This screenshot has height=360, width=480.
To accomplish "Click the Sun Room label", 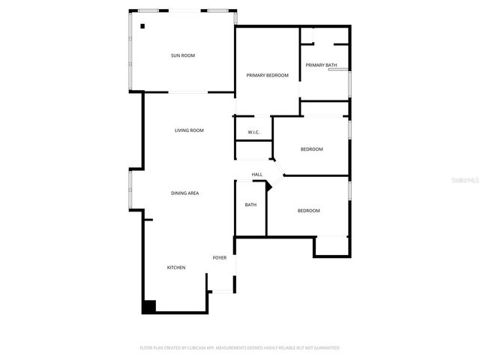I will [x=183, y=55].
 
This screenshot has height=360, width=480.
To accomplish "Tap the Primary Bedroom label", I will [x=268, y=75].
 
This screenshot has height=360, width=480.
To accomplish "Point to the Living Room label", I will [x=189, y=130].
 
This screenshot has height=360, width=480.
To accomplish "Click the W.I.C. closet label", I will [x=253, y=133].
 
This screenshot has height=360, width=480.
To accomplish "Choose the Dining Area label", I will [x=184, y=193].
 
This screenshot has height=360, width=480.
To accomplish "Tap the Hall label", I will [x=256, y=175].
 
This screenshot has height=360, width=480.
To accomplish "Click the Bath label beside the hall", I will [x=250, y=205].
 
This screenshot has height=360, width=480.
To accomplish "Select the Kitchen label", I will [x=176, y=268].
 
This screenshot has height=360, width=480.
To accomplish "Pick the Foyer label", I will [x=220, y=258].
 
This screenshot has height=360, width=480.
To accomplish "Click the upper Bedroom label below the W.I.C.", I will [x=312, y=149].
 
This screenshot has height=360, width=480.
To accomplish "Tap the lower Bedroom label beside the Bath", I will [x=308, y=211].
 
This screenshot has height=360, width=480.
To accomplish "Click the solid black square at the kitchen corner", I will [x=148, y=306].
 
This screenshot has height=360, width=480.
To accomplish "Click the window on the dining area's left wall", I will [x=130, y=190].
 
